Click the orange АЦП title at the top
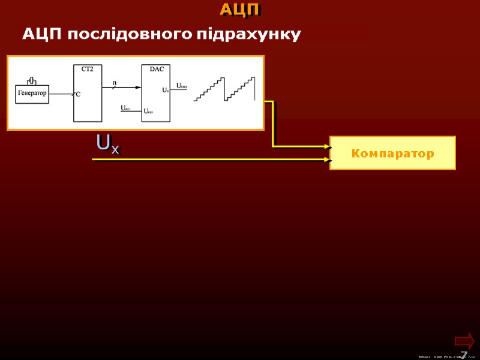click(240, 10)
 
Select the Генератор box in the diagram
click(32, 93)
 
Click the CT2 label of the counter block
click(87, 69)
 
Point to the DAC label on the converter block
click(156, 69)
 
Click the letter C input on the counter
click(79, 94)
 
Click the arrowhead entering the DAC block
click(139, 87)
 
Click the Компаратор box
click(392, 153)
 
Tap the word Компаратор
click(392, 154)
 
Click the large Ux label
click(107, 144)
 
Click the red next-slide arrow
click(464, 341)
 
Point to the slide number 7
click(464, 354)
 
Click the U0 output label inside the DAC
click(165, 90)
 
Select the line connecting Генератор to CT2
click(62, 93)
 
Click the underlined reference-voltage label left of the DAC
click(125, 109)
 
